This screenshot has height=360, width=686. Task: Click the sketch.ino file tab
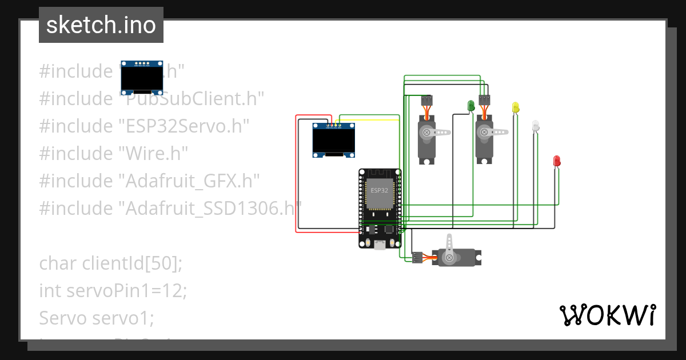[101, 25]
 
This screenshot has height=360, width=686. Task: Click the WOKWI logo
[607, 315]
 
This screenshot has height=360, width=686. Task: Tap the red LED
[556, 161]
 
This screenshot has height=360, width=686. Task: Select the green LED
[471, 106]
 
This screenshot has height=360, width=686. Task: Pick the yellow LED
[515, 107]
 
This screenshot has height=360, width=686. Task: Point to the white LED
[535, 125]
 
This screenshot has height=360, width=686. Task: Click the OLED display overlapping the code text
[141, 77]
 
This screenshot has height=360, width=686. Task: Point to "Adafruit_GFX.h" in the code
[189, 181]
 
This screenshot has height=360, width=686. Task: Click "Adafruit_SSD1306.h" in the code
[210, 208]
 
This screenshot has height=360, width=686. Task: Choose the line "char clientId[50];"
[110, 263]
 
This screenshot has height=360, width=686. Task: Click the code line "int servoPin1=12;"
[113, 291]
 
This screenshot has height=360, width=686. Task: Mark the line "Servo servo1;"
[96, 318]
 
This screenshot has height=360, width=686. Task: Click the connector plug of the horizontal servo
[417, 258]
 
